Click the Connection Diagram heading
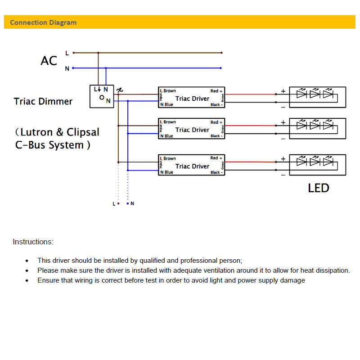(43, 22)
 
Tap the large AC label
(49, 61)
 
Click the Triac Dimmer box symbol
(102, 96)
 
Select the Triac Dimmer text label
(43, 101)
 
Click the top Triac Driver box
(191, 98)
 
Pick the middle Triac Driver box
(191, 129)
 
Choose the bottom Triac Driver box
(191, 166)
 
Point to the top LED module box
(317, 97)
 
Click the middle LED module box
(317, 129)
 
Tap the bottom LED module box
(317, 166)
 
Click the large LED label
(319, 188)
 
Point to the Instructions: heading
(33, 242)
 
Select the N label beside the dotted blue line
(132, 204)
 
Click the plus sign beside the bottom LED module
(283, 159)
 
